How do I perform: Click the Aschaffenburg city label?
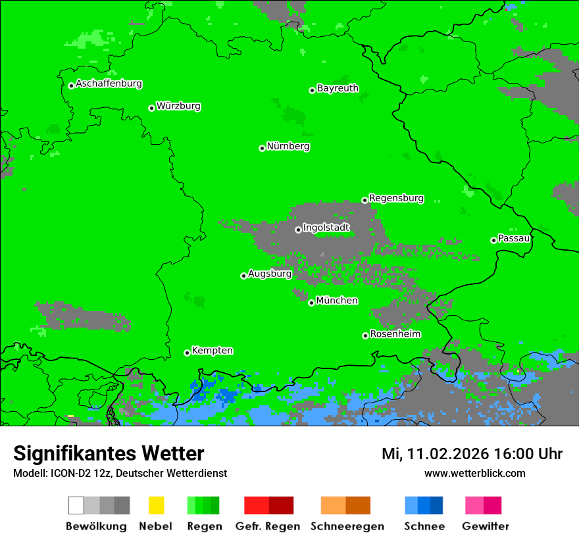click(109, 84)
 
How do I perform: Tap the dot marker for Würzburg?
click(151, 108)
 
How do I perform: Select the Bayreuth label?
click(338, 88)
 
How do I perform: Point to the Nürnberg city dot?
click(262, 148)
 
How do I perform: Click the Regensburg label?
click(396, 198)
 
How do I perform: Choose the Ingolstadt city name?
click(326, 228)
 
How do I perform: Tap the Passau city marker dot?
click(493, 240)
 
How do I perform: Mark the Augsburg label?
click(270, 274)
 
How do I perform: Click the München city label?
click(337, 301)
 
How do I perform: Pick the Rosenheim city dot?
click(365, 335)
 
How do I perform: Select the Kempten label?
click(212, 351)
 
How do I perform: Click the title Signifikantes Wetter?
click(109, 453)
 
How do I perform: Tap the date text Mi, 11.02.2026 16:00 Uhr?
click(472, 454)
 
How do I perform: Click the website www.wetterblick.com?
click(474, 473)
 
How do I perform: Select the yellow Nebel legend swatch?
click(156, 505)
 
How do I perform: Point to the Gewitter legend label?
click(485, 526)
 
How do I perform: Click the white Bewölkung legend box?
click(76, 505)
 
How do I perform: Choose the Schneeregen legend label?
click(347, 526)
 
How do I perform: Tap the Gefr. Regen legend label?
click(267, 526)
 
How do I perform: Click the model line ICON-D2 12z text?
click(120, 473)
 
